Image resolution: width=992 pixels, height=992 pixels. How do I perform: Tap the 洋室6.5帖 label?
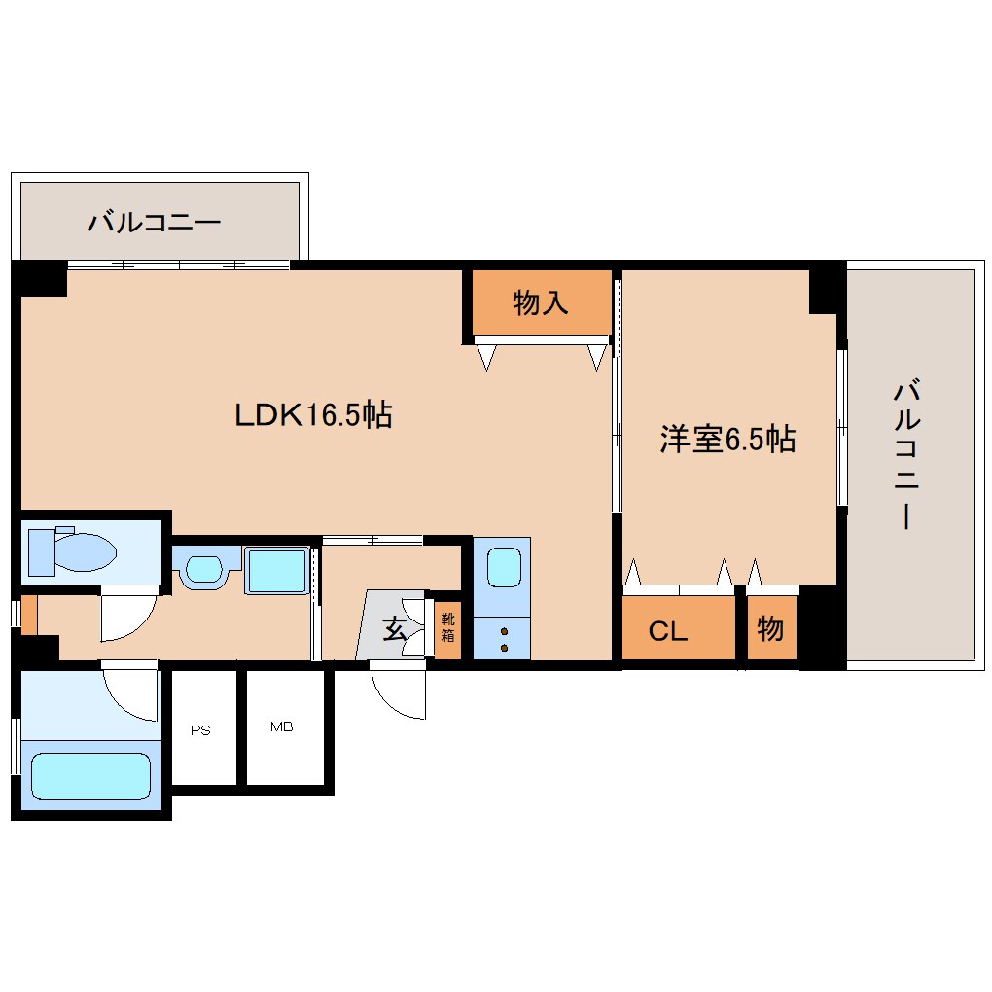tap(727, 440)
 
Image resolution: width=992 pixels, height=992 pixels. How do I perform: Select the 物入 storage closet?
tap(541, 303)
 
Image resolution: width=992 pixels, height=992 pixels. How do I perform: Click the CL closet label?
tap(668, 630)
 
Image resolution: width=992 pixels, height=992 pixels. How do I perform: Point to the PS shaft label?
tap(200, 730)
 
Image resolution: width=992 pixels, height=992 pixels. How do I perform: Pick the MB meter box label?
tap(282, 726)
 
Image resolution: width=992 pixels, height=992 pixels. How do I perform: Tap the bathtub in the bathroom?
tap(89, 775)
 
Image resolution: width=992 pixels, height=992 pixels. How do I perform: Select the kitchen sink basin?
tap(502, 566)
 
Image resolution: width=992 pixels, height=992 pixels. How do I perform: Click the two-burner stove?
tap(502, 639)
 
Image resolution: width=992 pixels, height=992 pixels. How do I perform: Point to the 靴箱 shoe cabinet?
tap(447, 628)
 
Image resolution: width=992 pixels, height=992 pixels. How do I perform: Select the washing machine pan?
tap(277, 570)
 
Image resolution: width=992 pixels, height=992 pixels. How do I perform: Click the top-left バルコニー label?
tap(155, 223)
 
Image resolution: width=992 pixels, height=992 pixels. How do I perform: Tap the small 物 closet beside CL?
tap(770, 629)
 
